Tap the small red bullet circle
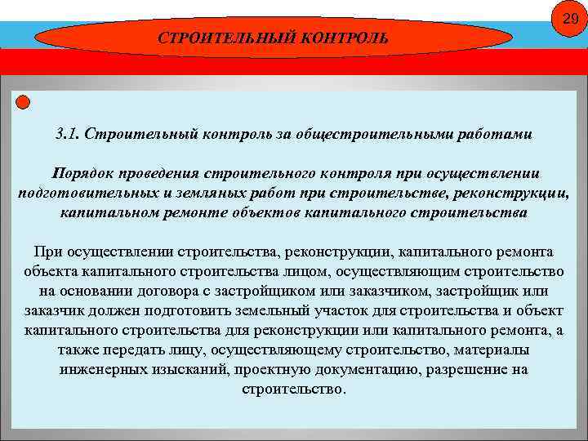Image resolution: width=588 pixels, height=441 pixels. pyautogui.click(x=23, y=102)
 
